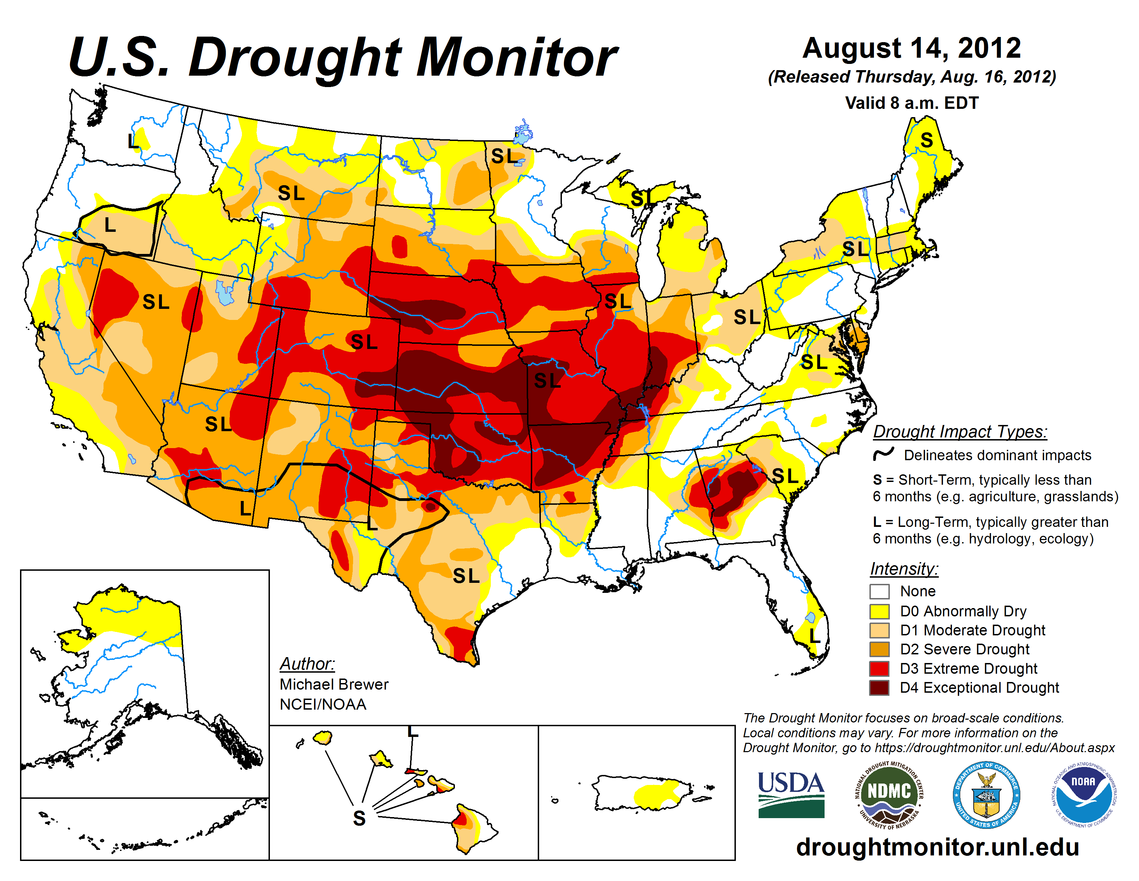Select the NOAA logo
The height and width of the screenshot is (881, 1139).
click(1083, 794)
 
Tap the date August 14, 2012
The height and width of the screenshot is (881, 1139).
click(911, 48)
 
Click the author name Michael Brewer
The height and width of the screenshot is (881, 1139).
click(334, 684)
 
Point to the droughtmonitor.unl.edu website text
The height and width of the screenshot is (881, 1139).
click(937, 846)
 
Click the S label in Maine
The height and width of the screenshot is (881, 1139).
click(926, 140)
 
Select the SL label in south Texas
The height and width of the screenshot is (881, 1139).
click(466, 576)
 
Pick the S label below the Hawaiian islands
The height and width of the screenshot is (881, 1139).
click(359, 818)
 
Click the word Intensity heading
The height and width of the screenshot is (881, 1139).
click(904, 568)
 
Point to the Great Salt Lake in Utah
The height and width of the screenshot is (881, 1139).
click(225, 293)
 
